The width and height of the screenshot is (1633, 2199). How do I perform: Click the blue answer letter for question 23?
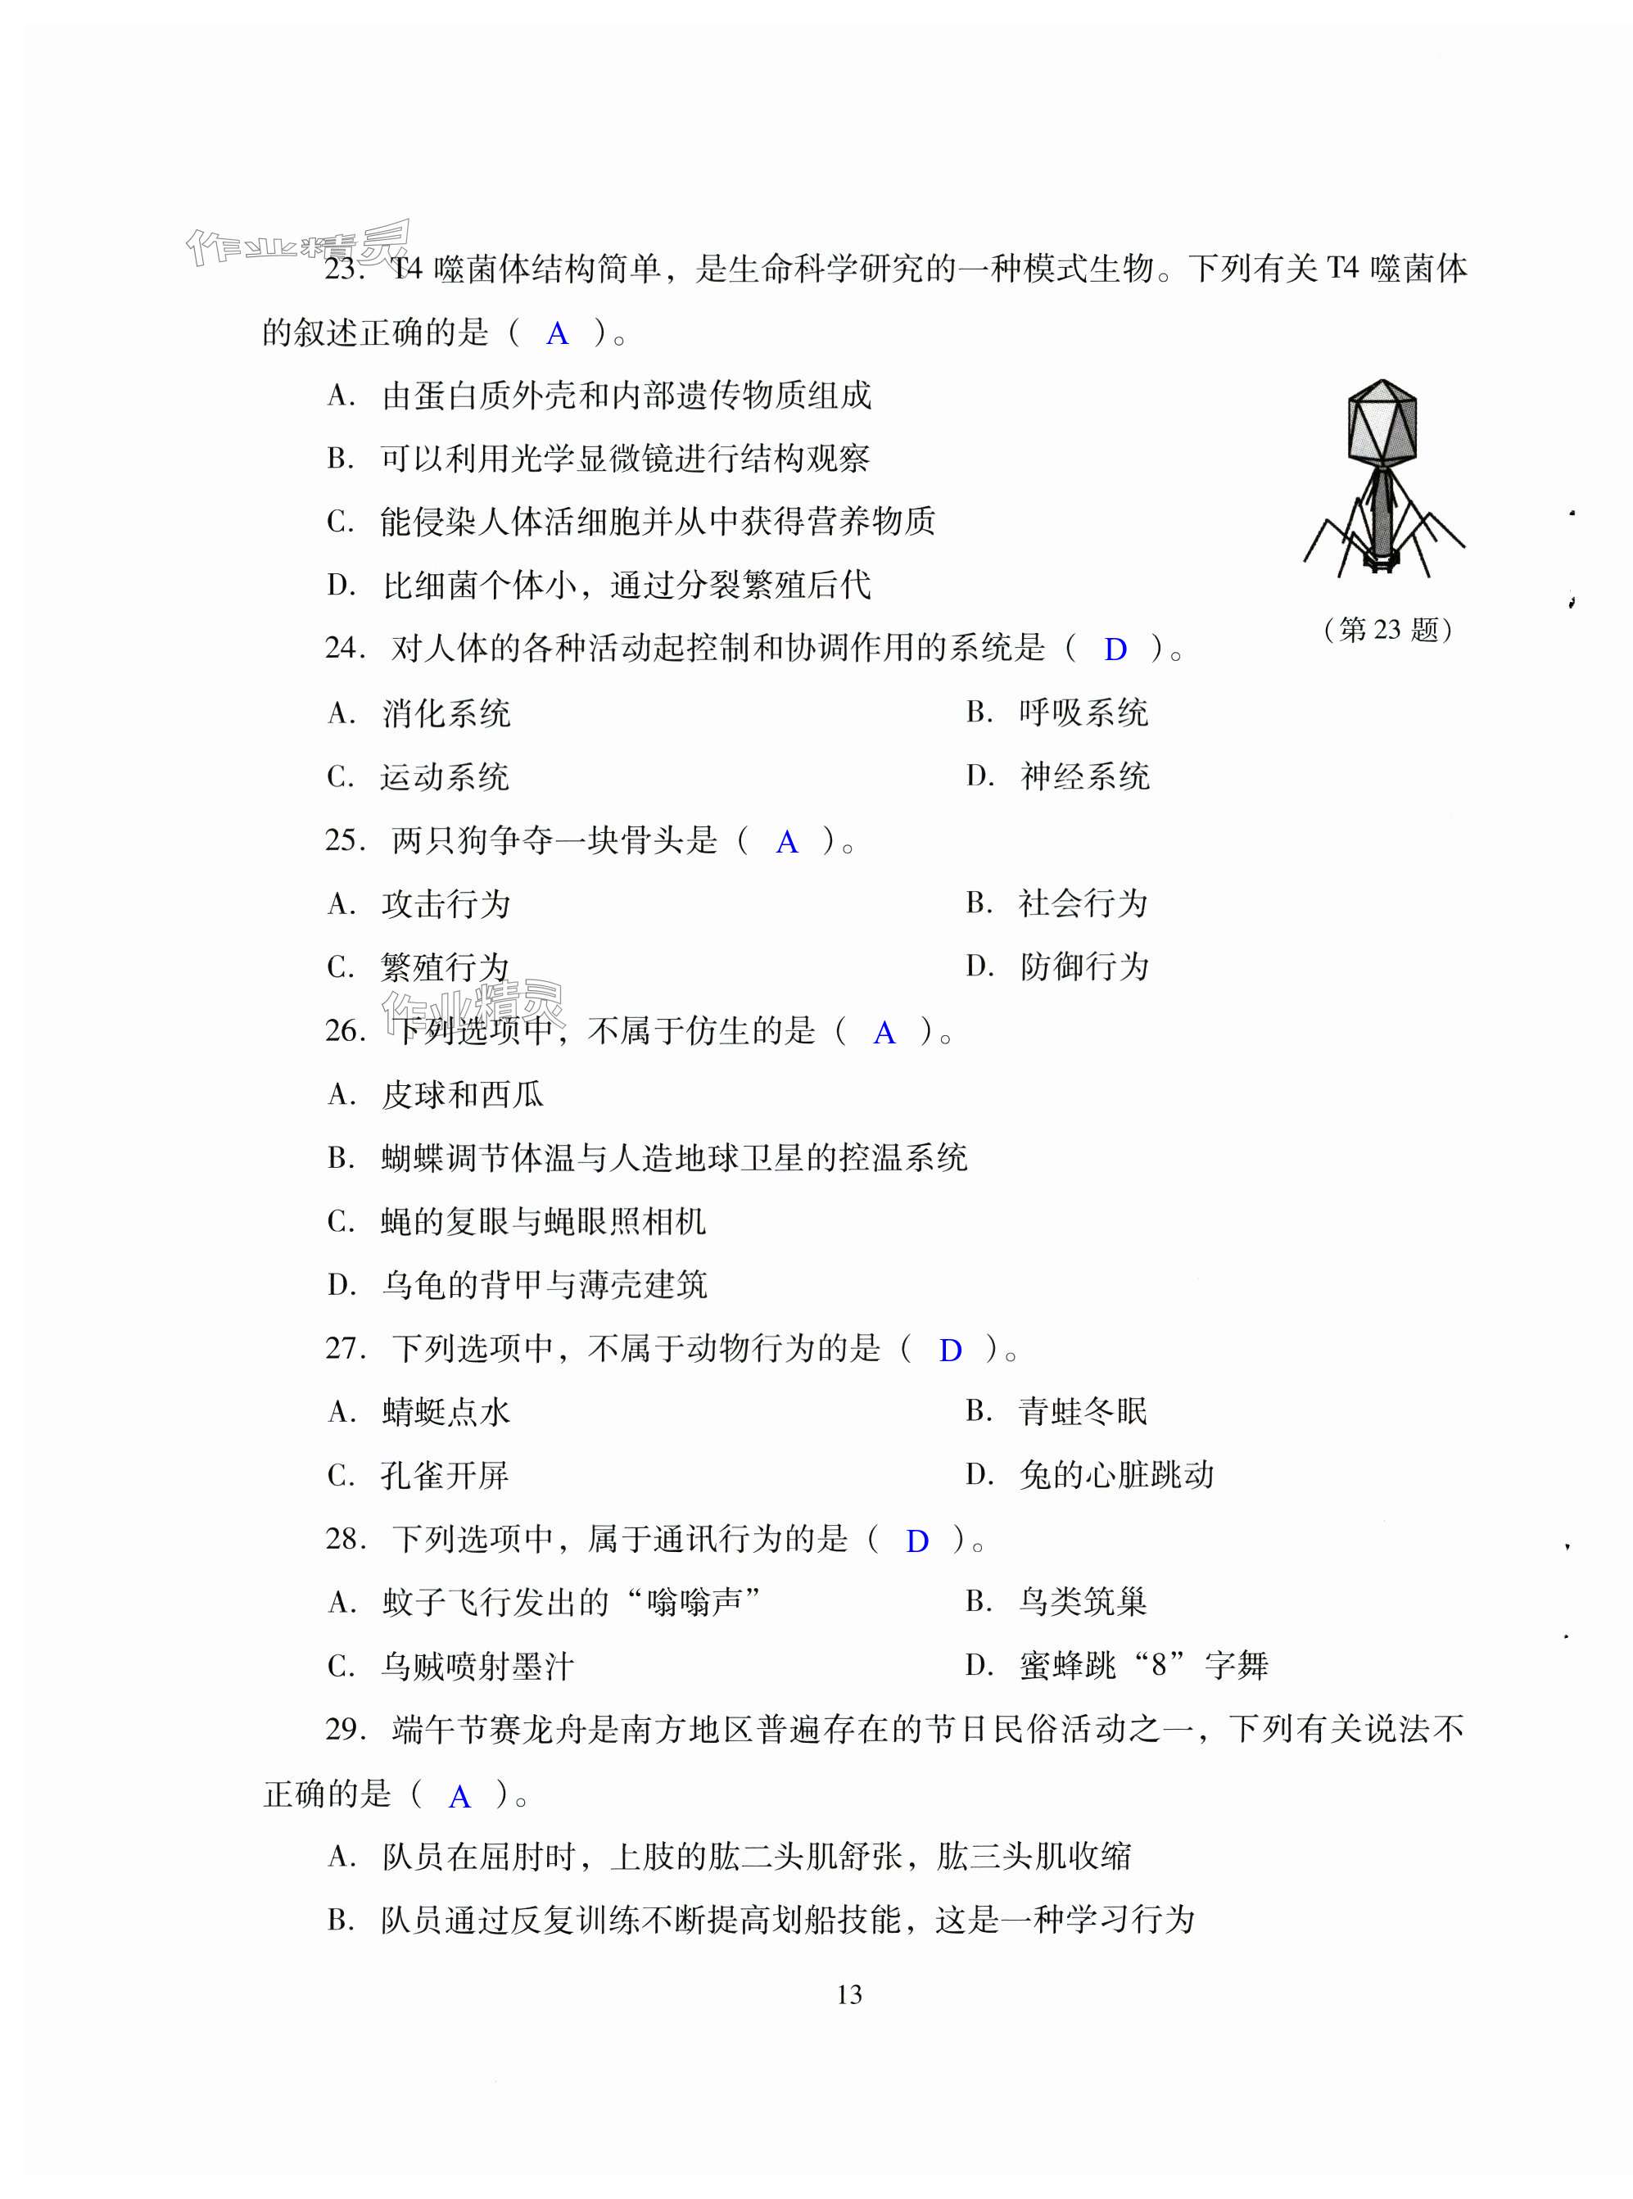click(x=558, y=334)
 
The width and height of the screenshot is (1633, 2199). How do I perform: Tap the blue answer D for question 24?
click(x=1115, y=650)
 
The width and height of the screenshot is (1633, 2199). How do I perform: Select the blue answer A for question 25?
click(x=787, y=842)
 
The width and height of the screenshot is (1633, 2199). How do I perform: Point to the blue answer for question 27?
click(x=950, y=1350)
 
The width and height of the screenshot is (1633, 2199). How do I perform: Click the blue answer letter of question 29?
click(x=459, y=1797)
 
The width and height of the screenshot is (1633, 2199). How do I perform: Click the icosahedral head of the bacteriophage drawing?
click(x=1382, y=419)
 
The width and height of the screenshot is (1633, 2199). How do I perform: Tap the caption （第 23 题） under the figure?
click(x=1388, y=630)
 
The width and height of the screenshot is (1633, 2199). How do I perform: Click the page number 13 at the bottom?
click(x=849, y=1994)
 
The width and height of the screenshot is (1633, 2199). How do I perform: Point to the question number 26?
click(x=345, y=1031)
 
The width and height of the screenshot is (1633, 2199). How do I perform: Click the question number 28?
click(x=345, y=1539)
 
